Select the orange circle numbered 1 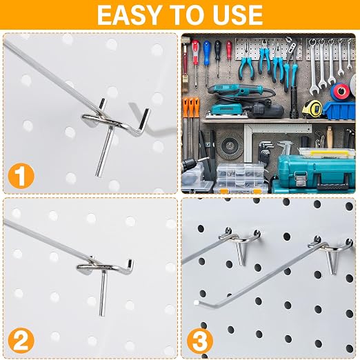click(21, 176)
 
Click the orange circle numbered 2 click(21, 341)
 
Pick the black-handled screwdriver click(218, 57)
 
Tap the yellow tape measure click(312, 109)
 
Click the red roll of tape click(341, 91)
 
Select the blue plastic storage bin click(339, 111)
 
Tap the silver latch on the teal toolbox click(300, 178)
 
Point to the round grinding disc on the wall click(229, 146)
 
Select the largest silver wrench click(313, 68)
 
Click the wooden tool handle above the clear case click(330, 137)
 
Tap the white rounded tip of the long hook click(196, 303)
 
